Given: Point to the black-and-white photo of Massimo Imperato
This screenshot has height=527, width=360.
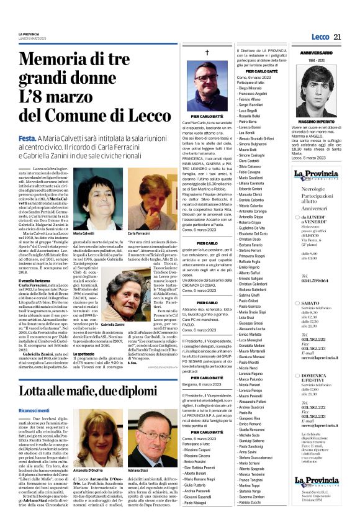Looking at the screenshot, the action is (320, 91).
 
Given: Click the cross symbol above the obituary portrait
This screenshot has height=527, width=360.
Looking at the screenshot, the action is (207, 53).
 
